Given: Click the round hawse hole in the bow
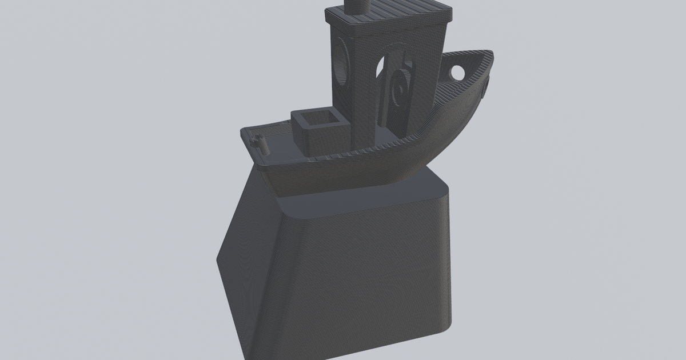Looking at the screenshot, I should [x=458, y=73].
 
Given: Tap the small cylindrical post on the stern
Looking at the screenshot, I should [x=264, y=144].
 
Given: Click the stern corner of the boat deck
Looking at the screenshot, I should [x=244, y=133].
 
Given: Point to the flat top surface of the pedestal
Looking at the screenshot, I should [x=366, y=197].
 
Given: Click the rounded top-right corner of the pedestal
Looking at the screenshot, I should [x=443, y=189].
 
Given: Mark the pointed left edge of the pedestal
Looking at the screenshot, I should [x=218, y=260].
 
